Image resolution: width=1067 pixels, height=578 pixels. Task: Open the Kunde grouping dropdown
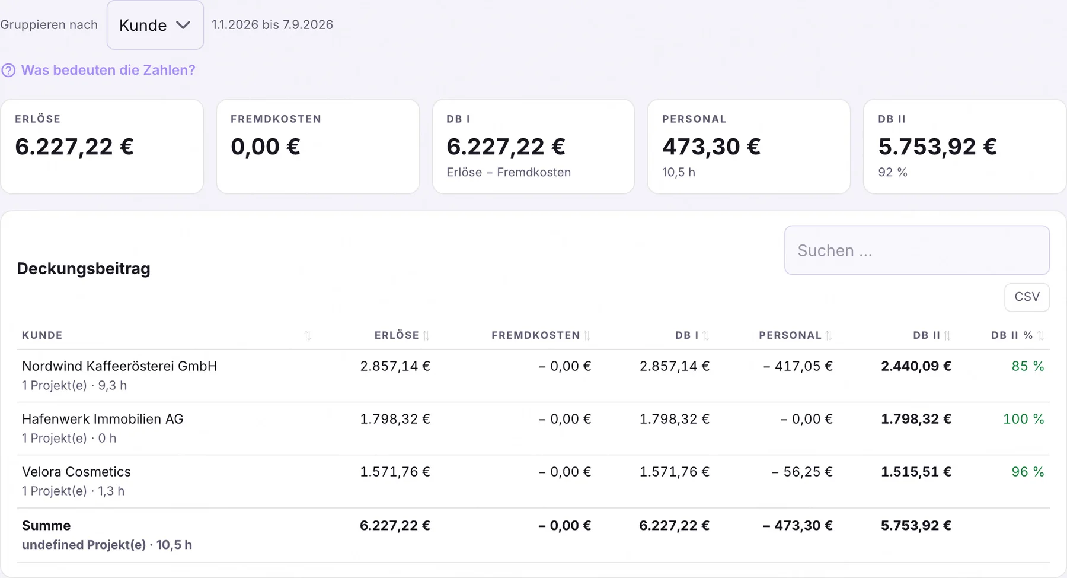[x=155, y=25]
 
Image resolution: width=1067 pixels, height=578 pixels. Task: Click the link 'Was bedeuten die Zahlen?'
[x=108, y=70]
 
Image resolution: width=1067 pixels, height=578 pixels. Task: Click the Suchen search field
[x=916, y=250]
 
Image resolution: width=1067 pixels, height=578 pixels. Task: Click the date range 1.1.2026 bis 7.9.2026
[x=272, y=25]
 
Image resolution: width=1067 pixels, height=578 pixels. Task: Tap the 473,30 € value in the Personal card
[x=711, y=147]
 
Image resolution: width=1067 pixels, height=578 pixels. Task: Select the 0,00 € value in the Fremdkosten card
[x=266, y=147]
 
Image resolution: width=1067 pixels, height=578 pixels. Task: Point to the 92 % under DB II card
[x=893, y=172]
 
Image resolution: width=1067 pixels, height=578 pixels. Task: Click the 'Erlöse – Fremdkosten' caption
[x=509, y=172]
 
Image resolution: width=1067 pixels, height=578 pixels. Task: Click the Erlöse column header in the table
[x=397, y=335]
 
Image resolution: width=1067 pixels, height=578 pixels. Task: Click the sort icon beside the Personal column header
[x=829, y=336]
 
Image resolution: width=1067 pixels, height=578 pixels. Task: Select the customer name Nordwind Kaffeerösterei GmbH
[x=119, y=366]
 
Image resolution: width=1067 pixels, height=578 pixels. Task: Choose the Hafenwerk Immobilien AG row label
[x=103, y=419]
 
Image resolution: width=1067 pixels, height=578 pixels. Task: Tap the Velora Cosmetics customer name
[x=76, y=472]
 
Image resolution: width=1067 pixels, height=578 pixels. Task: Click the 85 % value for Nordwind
[x=1027, y=366]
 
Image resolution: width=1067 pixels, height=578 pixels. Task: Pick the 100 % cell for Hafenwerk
[x=1023, y=419]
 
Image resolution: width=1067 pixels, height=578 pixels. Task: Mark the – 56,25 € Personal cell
[x=802, y=472]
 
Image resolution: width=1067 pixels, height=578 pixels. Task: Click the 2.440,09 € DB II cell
[x=916, y=366]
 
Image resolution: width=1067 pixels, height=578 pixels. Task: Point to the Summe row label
[x=46, y=526]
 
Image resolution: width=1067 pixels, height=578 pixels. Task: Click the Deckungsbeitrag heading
[x=84, y=269]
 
